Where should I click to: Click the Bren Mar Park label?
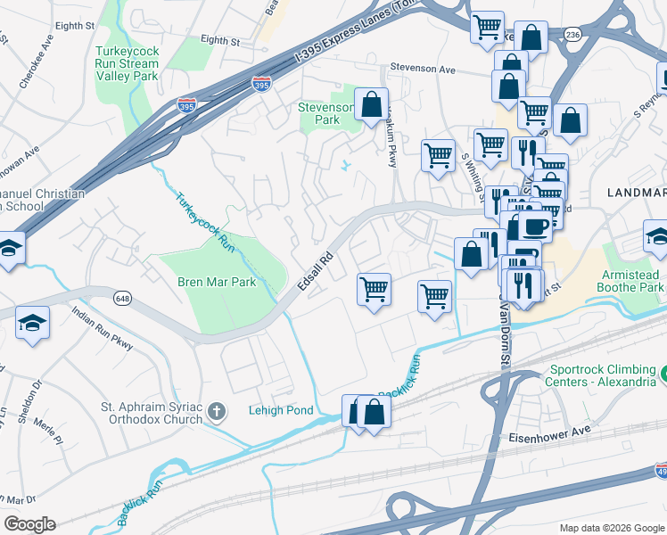click(217, 283)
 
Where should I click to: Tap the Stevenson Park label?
click(327, 113)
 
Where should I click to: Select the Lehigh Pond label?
click(280, 410)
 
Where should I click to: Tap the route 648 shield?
click(123, 298)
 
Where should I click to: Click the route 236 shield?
click(572, 34)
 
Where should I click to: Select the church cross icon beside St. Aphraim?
click(215, 411)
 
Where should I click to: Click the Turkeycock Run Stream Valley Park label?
click(127, 64)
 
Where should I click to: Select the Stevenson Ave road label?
click(424, 69)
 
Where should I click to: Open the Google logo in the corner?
click(29, 524)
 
